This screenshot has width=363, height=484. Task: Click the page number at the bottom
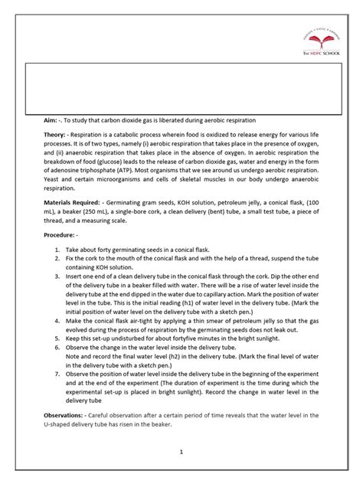[x=181, y=452]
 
